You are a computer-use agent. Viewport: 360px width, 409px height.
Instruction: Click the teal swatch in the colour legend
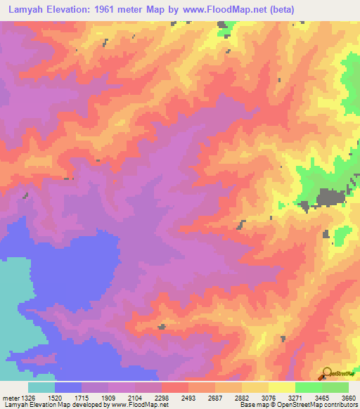pyautogui.click(x=41, y=387)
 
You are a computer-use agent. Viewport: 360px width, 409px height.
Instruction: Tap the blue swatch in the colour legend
pyautogui.click(x=68, y=387)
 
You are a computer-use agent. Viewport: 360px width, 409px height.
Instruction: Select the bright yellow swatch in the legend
pyautogui.click(x=281, y=387)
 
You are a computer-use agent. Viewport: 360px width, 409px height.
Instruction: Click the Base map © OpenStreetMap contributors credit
pyautogui.click(x=297, y=405)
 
